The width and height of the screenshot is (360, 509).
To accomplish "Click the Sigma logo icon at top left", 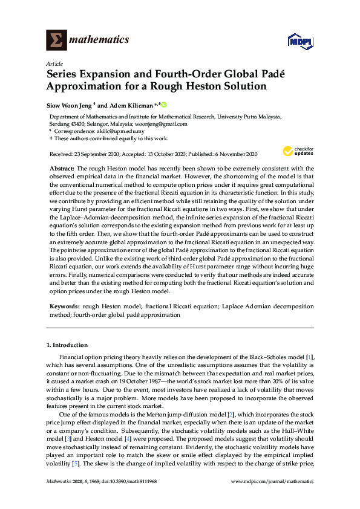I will [x=57, y=40].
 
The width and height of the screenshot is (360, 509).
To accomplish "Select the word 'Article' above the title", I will [x=53, y=63].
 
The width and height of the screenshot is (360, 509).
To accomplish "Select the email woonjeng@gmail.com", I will [x=164, y=124].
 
